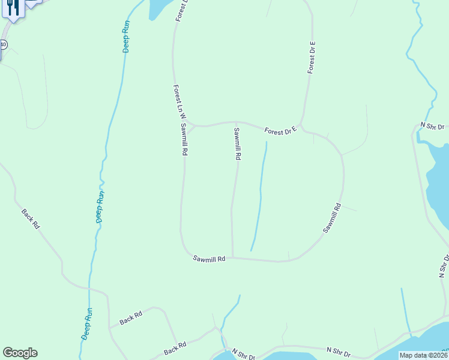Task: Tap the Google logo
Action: pos(20,353)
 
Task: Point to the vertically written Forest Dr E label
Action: pos(312,58)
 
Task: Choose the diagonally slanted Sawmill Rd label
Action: pos(332,218)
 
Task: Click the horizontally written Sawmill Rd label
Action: pos(209,259)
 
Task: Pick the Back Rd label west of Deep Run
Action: pos(30,218)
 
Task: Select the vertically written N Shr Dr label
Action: pos(445,267)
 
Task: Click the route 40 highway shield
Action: pos(3,44)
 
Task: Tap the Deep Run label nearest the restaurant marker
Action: pos(126,37)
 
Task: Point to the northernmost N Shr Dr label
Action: pos(432,126)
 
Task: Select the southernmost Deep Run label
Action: pos(87,324)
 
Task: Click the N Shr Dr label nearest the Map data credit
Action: pos(339,350)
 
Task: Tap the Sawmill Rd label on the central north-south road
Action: pos(237,143)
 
